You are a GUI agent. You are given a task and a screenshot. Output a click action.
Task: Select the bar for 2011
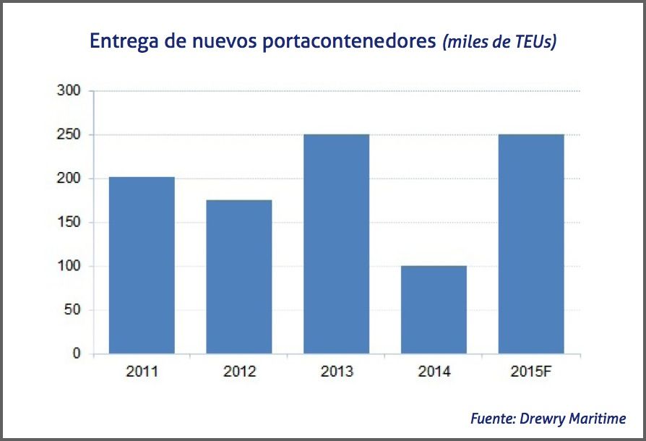tap(141, 265)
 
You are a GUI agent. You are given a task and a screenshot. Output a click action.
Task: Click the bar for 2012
tap(238, 277)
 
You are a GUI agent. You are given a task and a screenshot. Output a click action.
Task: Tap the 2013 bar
tap(336, 244)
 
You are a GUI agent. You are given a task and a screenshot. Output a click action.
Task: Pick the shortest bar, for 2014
tap(434, 310)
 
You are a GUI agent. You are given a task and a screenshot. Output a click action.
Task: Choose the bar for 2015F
tap(531, 244)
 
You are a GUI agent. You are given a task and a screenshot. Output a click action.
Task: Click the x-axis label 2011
tap(141, 372)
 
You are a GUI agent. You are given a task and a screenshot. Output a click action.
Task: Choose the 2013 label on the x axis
tap(336, 372)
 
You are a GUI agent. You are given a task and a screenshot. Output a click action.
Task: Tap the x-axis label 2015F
tap(531, 372)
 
